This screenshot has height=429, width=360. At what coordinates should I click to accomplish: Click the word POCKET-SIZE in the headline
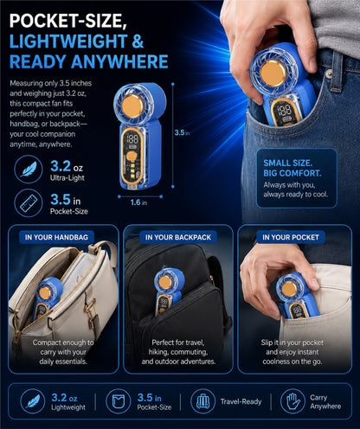click(x=68, y=21)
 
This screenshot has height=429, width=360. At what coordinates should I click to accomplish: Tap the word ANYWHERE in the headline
click(x=119, y=61)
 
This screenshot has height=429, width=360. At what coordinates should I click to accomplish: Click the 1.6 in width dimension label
click(x=138, y=202)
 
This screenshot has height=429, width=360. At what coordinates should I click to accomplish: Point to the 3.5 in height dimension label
click(x=182, y=132)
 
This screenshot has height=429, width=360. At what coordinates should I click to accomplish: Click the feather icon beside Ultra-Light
click(x=29, y=170)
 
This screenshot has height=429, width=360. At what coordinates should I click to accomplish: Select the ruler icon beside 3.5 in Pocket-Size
click(x=29, y=203)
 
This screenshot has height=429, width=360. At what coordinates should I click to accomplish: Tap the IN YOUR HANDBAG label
click(x=56, y=237)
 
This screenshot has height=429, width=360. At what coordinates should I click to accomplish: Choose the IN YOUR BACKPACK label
click(x=178, y=237)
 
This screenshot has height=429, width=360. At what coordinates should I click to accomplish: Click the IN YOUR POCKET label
click(x=291, y=237)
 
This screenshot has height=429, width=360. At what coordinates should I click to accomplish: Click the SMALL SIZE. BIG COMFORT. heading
click(x=292, y=168)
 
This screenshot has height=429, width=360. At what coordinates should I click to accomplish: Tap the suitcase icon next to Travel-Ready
click(x=203, y=401)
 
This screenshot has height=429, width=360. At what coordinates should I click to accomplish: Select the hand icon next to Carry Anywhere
click(x=292, y=401)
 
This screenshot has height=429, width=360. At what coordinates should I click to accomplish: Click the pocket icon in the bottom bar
click(x=118, y=401)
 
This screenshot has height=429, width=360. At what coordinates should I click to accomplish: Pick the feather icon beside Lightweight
click(x=33, y=401)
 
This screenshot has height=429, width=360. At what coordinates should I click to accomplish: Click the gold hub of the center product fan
click(x=132, y=106)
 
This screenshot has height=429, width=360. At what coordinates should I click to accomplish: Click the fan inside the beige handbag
click(x=45, y=298)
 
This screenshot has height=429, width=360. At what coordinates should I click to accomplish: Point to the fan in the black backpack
click(x=168, y=291)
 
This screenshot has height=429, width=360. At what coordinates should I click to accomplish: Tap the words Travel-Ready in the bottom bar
click(x=241, y=401)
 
